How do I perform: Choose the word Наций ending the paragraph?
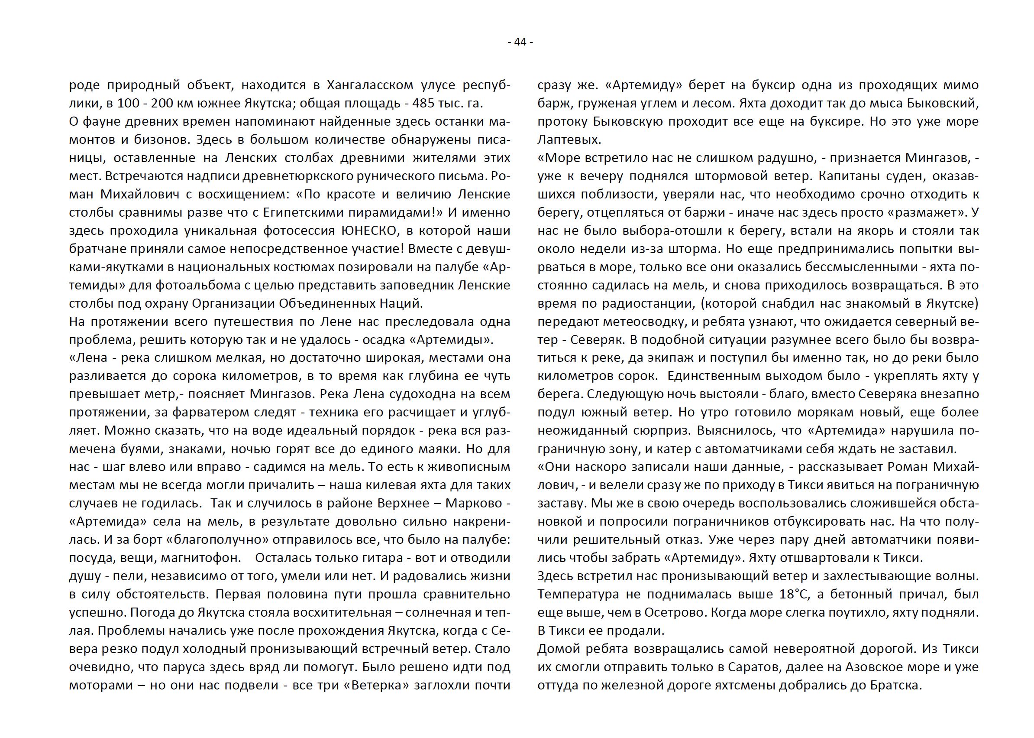(x=402, y=303)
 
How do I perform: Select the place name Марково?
(x=472, y=504)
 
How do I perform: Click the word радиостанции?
(x=645, y=303)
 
